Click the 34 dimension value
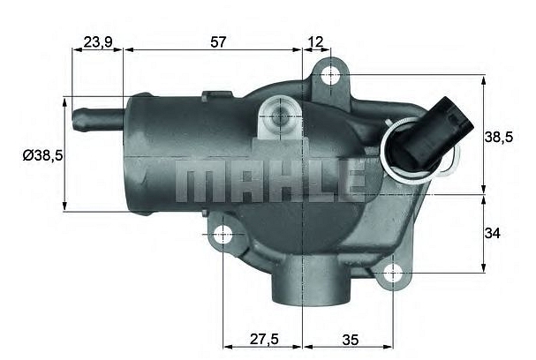point(494,233)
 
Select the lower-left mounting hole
point(223,235)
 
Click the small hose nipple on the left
point(94,115)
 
